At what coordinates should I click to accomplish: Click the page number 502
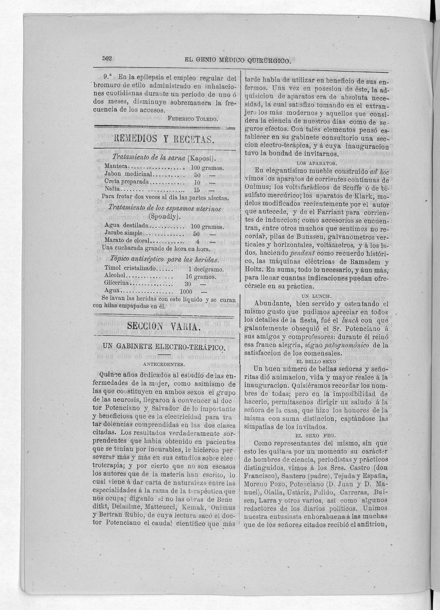point(107,59)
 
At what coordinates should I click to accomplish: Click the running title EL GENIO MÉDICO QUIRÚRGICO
point(238,61)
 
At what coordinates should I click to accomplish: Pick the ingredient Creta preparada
point(126,182)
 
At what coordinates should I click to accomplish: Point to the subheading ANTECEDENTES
point(164,364)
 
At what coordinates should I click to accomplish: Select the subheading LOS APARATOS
point(316,163)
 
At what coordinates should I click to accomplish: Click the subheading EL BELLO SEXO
point(316,362)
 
